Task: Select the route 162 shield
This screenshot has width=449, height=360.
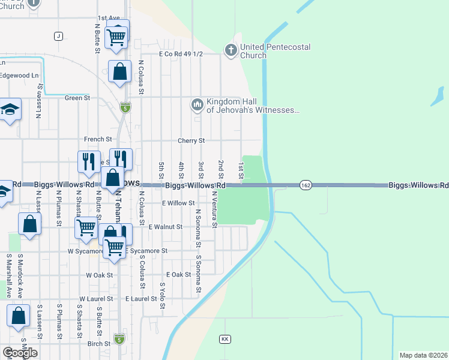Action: [306, 185]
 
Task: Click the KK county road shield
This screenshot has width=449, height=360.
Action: [225, 339]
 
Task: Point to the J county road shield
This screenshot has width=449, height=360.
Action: [58, 36]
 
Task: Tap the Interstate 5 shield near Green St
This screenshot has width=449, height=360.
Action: [125, 107]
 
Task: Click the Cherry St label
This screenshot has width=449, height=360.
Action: [191, 140]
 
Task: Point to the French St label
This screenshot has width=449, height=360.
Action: [94, 139]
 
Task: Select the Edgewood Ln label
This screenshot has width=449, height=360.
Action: [19, 76]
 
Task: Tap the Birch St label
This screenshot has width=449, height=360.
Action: [98, 344]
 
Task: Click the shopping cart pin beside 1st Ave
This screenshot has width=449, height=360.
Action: [116, 37]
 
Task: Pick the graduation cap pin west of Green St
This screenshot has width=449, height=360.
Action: [10, 110]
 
